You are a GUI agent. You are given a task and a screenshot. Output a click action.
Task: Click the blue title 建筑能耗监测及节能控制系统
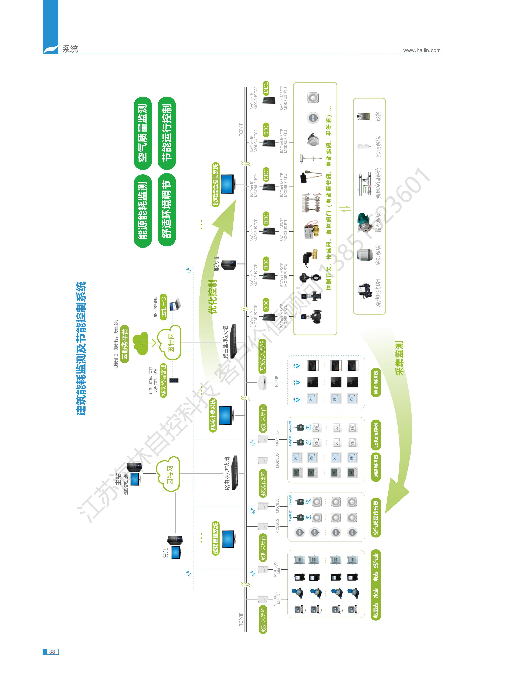[81, 348]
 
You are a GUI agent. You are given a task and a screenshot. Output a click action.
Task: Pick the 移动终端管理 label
[163, 381]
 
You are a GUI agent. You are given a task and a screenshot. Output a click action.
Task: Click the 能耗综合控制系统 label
[215, 184]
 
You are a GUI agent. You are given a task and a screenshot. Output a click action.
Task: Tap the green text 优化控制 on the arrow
[212, 296]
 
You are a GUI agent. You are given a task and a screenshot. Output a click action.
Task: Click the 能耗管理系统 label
[215, 538]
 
